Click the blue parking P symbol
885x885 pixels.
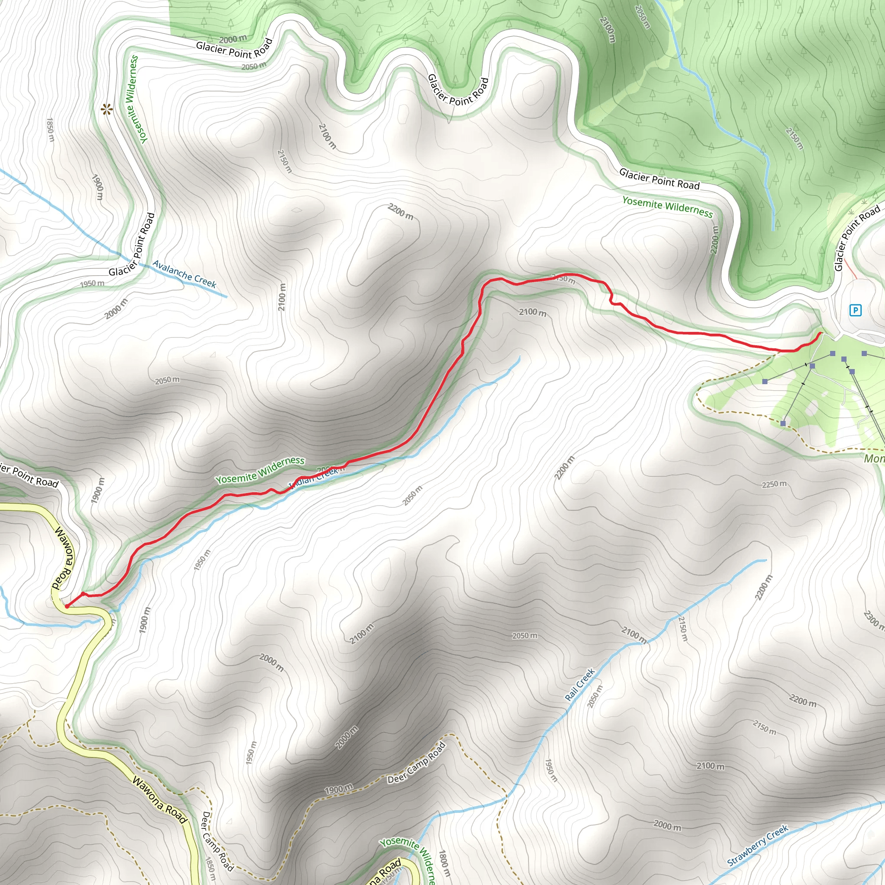coord(855,311)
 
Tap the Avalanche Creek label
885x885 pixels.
coord(184,274)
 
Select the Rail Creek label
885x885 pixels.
coord(579,684)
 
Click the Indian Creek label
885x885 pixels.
coord(316,478)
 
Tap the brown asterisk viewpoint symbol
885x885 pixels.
coord(107,109)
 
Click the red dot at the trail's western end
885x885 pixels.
coord(67,606)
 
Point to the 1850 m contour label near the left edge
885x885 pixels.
coord(51,130)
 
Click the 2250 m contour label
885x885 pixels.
coord(774,484)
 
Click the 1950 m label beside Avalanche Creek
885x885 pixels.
coord(92,283)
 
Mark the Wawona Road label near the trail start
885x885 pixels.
coord(63,558)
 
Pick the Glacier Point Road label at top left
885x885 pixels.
coord(235,48)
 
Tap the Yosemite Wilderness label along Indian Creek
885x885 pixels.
coord(260,470)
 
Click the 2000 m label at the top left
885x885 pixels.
coord(233,39)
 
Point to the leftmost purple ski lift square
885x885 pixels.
coord(765,382)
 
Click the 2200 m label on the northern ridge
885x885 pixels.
coord(401,212)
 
